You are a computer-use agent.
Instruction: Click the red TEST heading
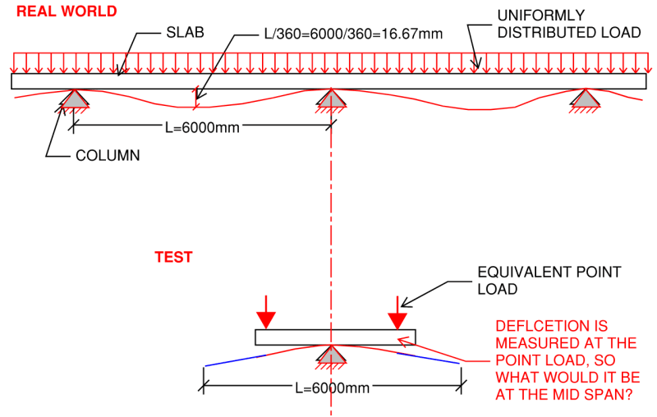[x=173, y=257]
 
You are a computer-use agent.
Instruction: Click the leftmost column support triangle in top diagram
[x=75, y=99]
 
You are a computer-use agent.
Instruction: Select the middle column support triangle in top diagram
[x=331, y=99]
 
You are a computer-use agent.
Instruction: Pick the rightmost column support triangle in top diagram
[x=586, y=99]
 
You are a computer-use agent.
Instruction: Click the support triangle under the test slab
[x=331, y=355]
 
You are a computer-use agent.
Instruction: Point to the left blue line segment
[x=234, y=360]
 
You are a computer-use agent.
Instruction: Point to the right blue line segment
[x=427, y=359]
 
